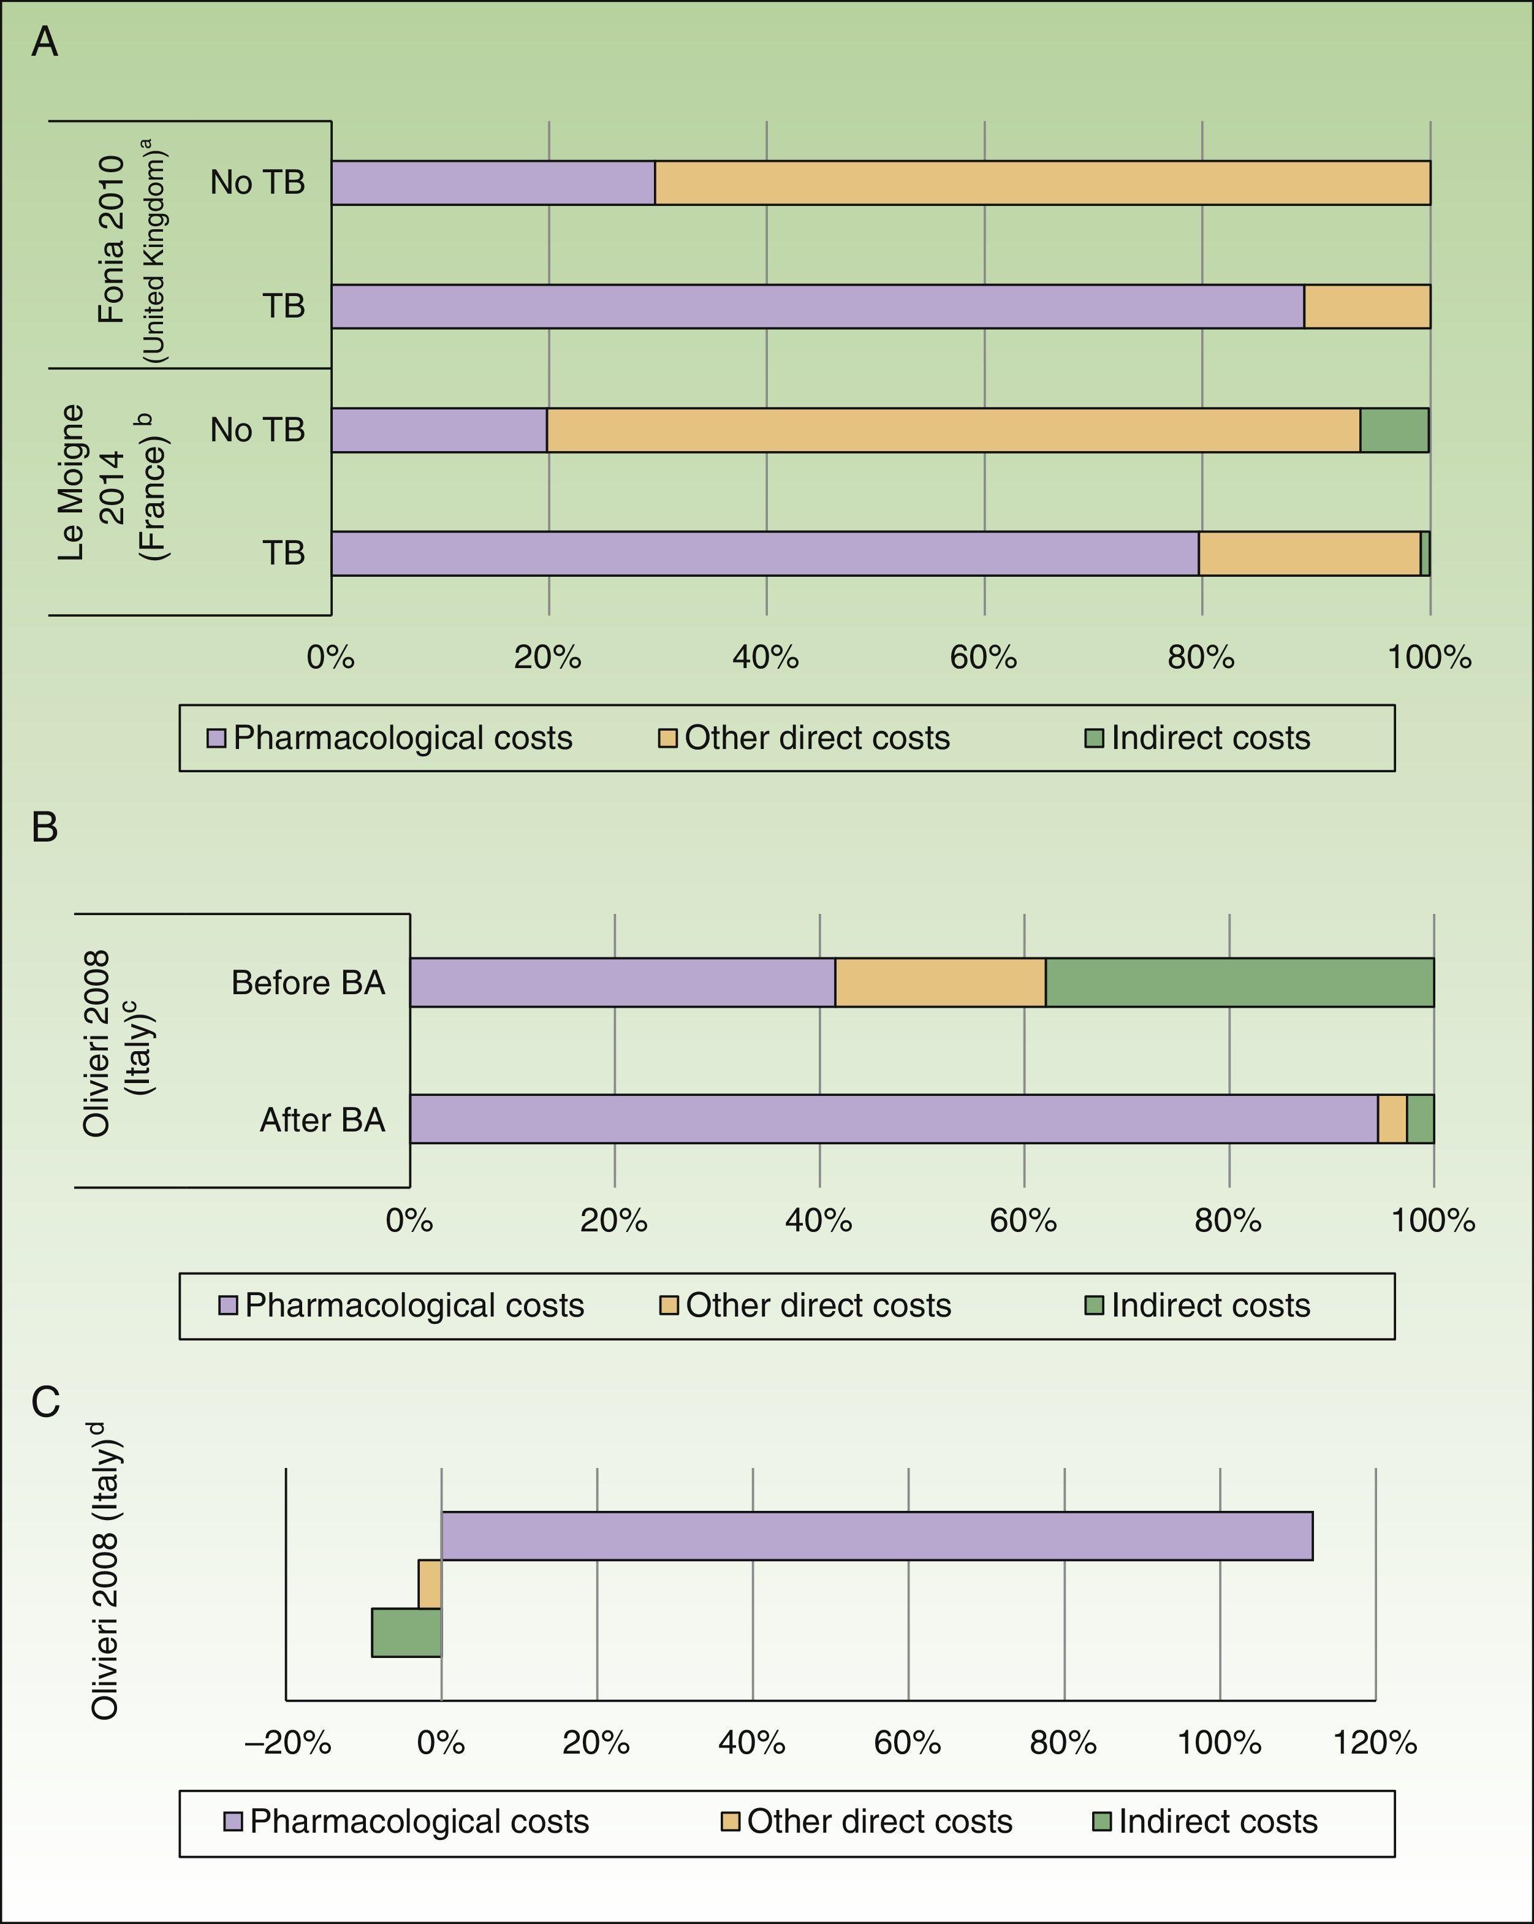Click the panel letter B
click(x=45, y=827)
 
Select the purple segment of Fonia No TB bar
click(x=493, y=183)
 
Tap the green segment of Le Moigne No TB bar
click(x=1393, y=430)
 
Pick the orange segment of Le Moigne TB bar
click(x=1308, y=553)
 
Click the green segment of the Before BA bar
click(x=1239, y=983)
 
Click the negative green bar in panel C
click(x=406, y=1632)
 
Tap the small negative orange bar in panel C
click(x=430, y=1583)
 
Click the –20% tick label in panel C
click(x=287, y=1742)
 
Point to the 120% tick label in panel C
click(x=1374, y=1742)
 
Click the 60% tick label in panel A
click(x=984, y=658)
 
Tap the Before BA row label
click(x=308, y=983)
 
